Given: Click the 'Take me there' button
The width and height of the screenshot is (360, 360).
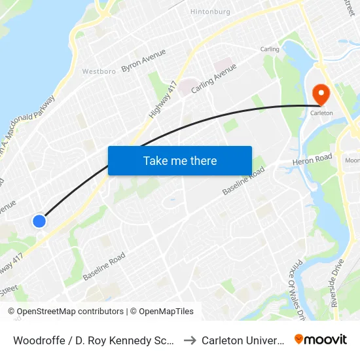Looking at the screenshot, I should click(180, 160).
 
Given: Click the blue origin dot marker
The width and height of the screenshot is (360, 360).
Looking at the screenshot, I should click(39, 221).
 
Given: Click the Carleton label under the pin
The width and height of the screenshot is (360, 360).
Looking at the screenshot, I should click(321, 113).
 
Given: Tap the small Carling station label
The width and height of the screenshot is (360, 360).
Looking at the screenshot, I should click(270, 49).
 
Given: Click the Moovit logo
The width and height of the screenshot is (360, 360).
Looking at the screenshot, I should click(321, 340).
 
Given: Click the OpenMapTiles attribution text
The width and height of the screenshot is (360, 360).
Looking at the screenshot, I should click(161, 312).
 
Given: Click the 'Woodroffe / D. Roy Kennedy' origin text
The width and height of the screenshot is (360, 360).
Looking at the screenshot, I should click(92, 340).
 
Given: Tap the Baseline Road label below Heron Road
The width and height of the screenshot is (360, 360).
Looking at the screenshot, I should click(243, 180).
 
